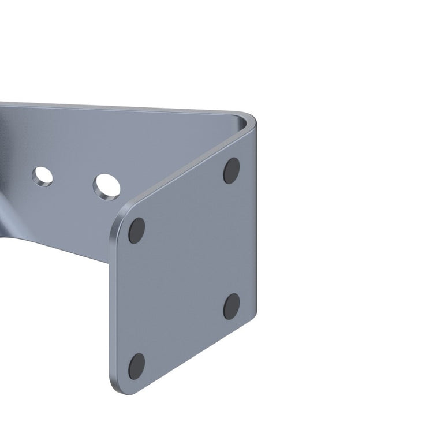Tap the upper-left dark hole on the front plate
(137, 230)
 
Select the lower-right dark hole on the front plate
(232, 306)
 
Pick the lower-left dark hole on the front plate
(137, 366)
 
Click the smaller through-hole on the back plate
(42, 176)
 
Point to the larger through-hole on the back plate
(107, 186)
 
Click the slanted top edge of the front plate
(185, 167)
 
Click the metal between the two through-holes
(74, 180)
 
